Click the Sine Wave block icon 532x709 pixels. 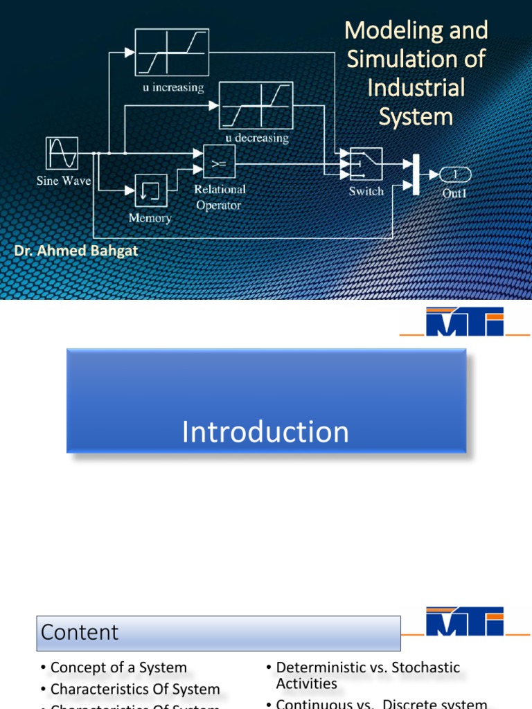(x=62, y=153)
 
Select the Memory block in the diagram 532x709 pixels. (x=150, y=190)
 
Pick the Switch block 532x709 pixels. (x=366, y=164)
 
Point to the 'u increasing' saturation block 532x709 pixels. (x=171, y=53)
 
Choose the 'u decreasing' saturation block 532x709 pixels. (x=256, y=105)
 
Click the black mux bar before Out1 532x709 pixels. (x=416, y=174)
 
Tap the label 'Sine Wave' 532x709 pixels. (x=63, y=181)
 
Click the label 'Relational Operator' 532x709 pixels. (x=219, y=197)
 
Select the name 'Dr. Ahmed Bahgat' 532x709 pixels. (x=76, y=251)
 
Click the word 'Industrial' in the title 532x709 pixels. (x=416, y=88)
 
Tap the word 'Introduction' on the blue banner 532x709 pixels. (x=265, y=432)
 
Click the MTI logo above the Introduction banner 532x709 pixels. (x=465, y=322)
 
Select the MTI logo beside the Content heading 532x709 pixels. (x=465, y=622)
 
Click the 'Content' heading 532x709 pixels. (x=80, y=631)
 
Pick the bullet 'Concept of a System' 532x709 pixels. (x=118, y=667)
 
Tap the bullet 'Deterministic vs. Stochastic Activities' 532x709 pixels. (x=367, y=675)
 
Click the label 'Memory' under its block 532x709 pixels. (x=150, y=218)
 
